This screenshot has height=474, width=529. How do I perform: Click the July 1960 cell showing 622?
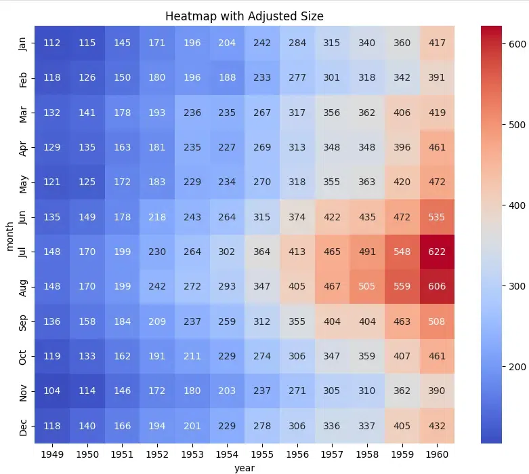coord(437,252)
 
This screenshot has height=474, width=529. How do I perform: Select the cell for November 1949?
coord(51,391)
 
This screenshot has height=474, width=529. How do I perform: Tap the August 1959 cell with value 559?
coord(402,286)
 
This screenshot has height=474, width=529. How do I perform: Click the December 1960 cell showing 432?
coord(437,425)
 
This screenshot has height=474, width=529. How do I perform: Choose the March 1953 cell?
coord(192,113)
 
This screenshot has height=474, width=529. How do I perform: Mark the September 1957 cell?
coord(332,321)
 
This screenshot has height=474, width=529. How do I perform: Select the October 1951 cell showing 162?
coord(122,356)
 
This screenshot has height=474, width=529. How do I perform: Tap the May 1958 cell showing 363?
coord(367,182)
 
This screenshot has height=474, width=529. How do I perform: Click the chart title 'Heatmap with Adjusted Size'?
coord(245,16)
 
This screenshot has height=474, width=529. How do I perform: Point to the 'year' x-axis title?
coord(245,467)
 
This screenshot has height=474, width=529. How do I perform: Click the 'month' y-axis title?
coord(9,235)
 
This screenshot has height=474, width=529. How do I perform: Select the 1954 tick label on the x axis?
coord(227,454)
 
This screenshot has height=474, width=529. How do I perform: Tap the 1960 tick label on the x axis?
coord(437,454)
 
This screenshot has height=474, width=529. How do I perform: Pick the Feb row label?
coord(24,78)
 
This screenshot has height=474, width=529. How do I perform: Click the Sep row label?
coord(24,321)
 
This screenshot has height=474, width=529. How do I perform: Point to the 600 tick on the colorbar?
coord(518,44)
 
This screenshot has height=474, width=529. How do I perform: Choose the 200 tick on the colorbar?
coord(518,366)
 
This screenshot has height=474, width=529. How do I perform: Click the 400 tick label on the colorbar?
coord(518,205)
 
